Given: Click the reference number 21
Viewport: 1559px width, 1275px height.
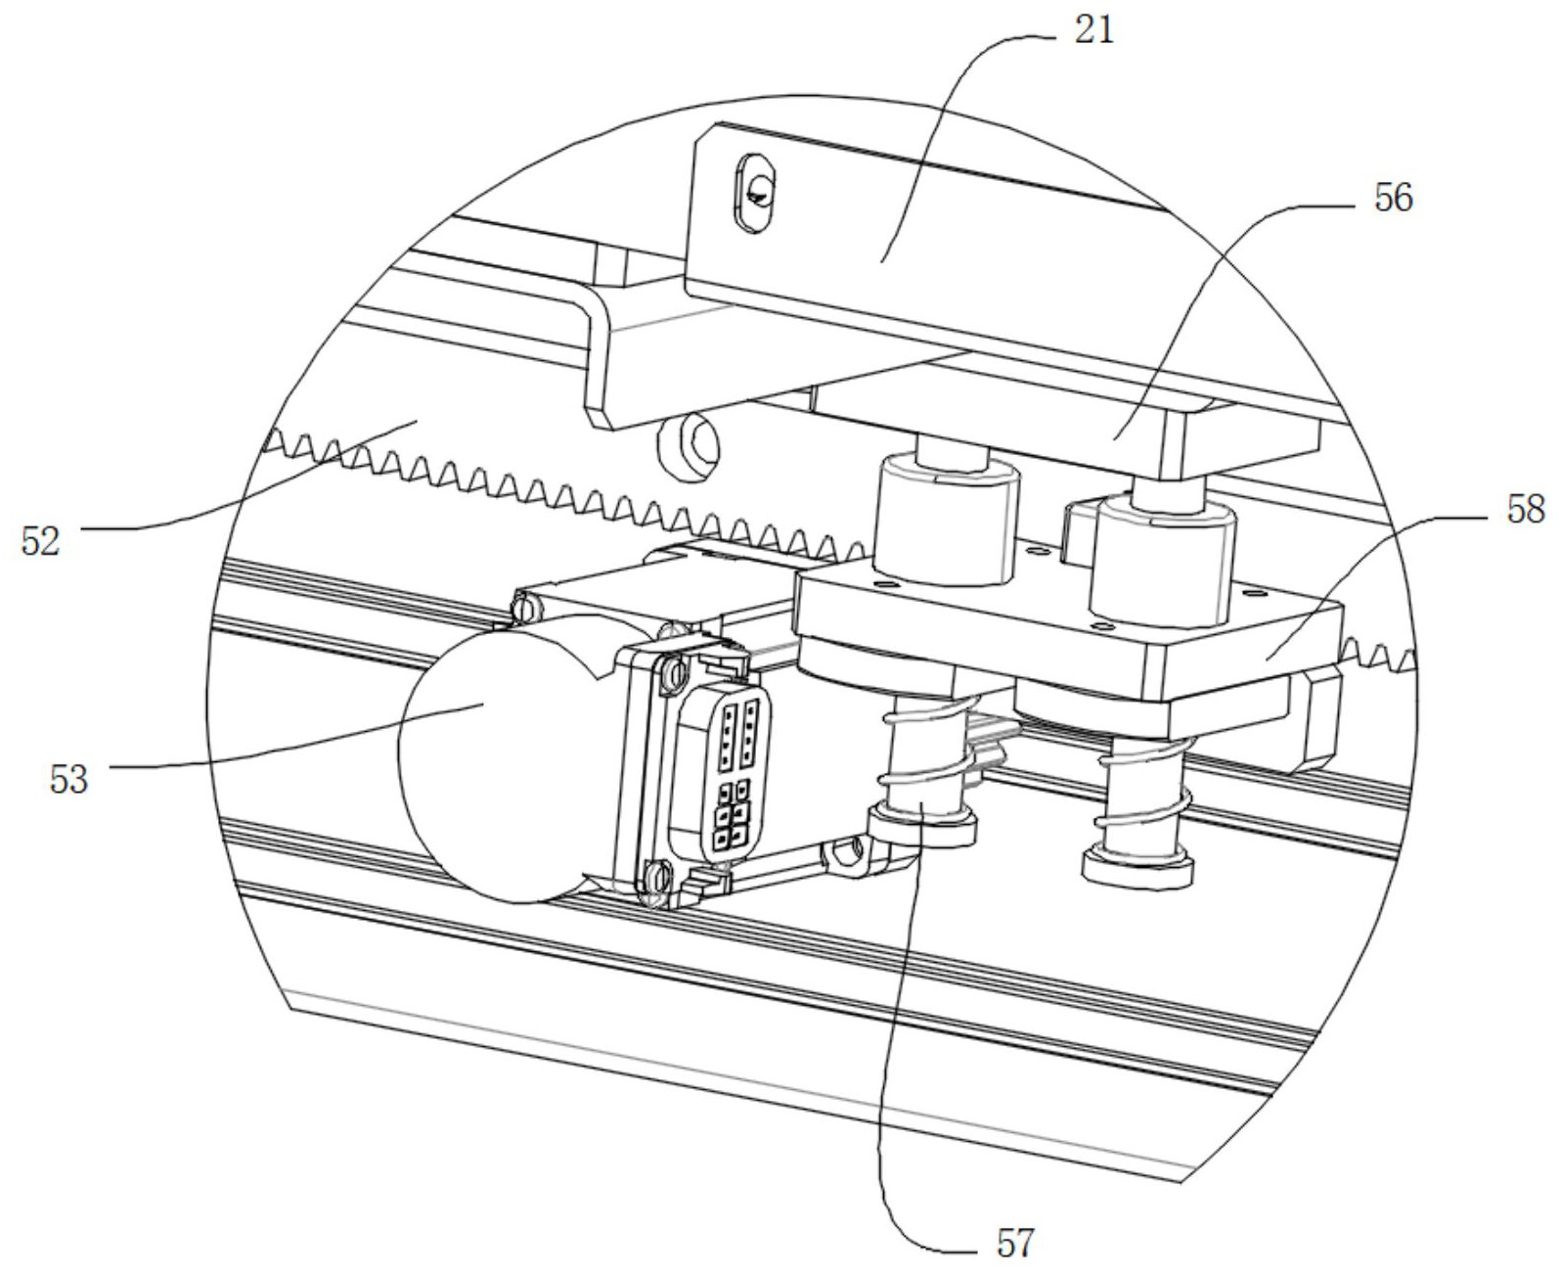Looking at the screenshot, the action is [1093, 31].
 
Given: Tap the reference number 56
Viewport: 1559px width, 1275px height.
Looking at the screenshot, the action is [1394, 199].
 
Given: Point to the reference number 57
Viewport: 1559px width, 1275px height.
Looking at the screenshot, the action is [1015, 1243].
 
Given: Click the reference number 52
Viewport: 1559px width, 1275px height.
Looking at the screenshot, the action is [40, 541].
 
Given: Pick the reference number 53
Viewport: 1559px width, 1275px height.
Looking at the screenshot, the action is [68, 779].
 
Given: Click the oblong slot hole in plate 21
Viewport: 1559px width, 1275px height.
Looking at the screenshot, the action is [755, 193].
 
